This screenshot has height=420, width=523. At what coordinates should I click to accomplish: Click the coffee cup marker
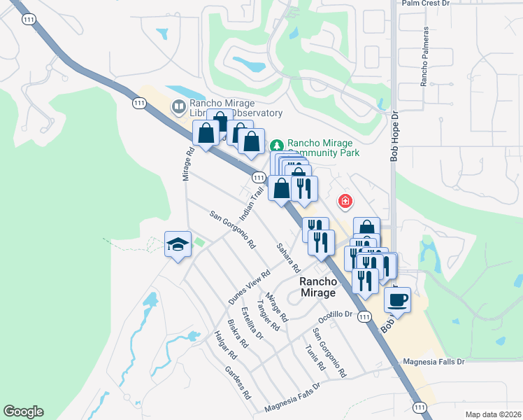point(397,300)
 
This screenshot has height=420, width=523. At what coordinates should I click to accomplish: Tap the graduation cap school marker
point(177,244)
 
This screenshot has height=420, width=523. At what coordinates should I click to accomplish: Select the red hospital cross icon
point(345,202)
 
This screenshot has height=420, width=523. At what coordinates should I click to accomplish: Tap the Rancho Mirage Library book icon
point(179,107)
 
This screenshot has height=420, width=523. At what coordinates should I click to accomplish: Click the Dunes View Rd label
point(250,287)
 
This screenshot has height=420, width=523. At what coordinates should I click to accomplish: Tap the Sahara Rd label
point(288,258)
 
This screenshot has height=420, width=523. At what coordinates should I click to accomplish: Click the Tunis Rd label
point(315,356)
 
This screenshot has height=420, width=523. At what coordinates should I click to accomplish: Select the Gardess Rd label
point(238,382)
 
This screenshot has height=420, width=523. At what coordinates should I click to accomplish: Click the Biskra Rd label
point(238,334)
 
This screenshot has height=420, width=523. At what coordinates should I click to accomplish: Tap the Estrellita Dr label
point(251,323)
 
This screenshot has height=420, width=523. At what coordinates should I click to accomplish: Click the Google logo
point(23,412)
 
